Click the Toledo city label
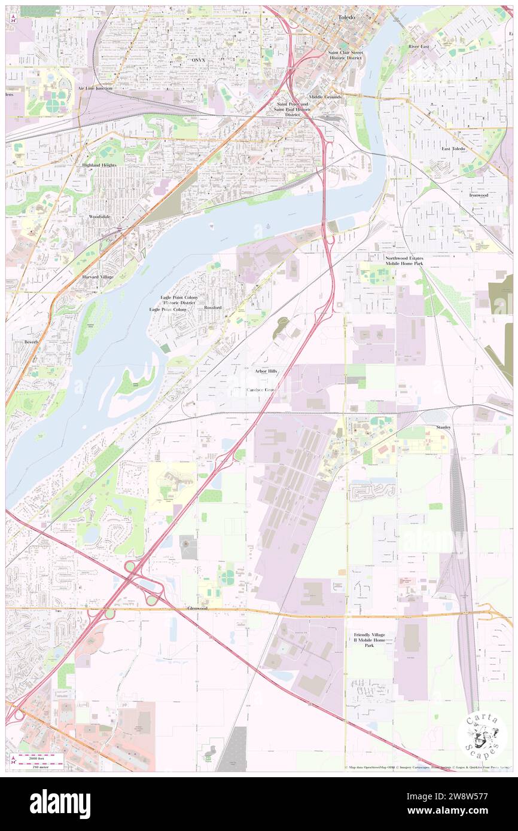point(346,18)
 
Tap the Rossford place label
point(212,307)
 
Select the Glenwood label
point(197,608)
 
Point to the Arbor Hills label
point(266,371)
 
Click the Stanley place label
point(443,427)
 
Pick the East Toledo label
point(453,148)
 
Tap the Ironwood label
point(479,195)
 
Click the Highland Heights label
point(99,164)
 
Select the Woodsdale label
point(99,216)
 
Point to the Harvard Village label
point(98,277)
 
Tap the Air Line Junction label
point(95,88)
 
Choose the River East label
point(419,46)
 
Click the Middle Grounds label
point(325,97)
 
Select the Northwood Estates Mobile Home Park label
point(404,260)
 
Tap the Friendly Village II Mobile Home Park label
point(369,640)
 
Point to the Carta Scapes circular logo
point(482,735)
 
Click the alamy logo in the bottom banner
point(60,804)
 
